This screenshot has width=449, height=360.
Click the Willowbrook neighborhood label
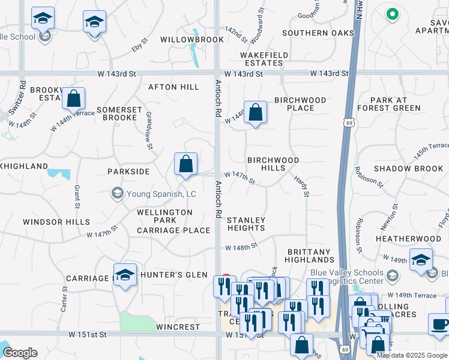(191, 40)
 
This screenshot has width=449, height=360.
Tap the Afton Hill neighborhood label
(173, 87)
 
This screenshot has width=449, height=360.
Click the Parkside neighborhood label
(128, 172)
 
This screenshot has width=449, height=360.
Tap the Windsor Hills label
(56, 222)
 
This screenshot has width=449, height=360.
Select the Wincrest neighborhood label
(178, 327)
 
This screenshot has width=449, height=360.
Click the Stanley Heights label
(246, 224)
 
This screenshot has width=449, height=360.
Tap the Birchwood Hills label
(274, 164)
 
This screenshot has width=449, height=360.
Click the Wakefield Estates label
(261, 59)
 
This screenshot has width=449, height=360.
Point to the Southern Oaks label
(318, 33)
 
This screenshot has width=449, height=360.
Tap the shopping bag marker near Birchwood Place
(255, 112)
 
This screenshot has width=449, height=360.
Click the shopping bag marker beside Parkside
(185, 164)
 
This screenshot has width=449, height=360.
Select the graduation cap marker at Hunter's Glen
(125, 275)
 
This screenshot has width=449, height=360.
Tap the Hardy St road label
(301, 186)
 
